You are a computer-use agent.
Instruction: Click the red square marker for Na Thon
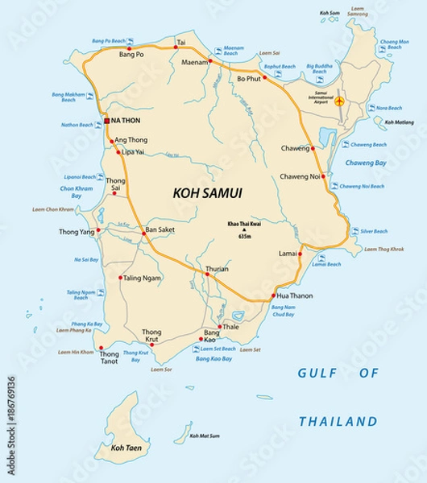pyautogui.click(x=106, y=121)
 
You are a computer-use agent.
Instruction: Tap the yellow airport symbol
pyautogui.click(x=339, y=101)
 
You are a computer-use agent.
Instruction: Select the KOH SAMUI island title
pyautogui.click(x=208, y=192)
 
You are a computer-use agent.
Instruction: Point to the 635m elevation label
pyautogui.click(x=245, y=236)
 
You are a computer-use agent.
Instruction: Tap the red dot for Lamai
pyautogui.click(x=299, y=254)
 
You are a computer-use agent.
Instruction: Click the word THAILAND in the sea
pyautogui.click(x=338, y=421)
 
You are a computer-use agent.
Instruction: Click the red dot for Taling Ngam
pyautogui.click(x=121, y=278)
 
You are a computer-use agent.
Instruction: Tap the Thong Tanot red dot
pyautogui.click(x=101, y=349)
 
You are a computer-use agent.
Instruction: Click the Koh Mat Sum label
pyautogui.click(x=205, y=436)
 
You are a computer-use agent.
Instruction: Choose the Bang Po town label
pyautogui.click(x=131, y=55)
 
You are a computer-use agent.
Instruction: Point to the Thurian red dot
pyautogui.click(x=207, y=275)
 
